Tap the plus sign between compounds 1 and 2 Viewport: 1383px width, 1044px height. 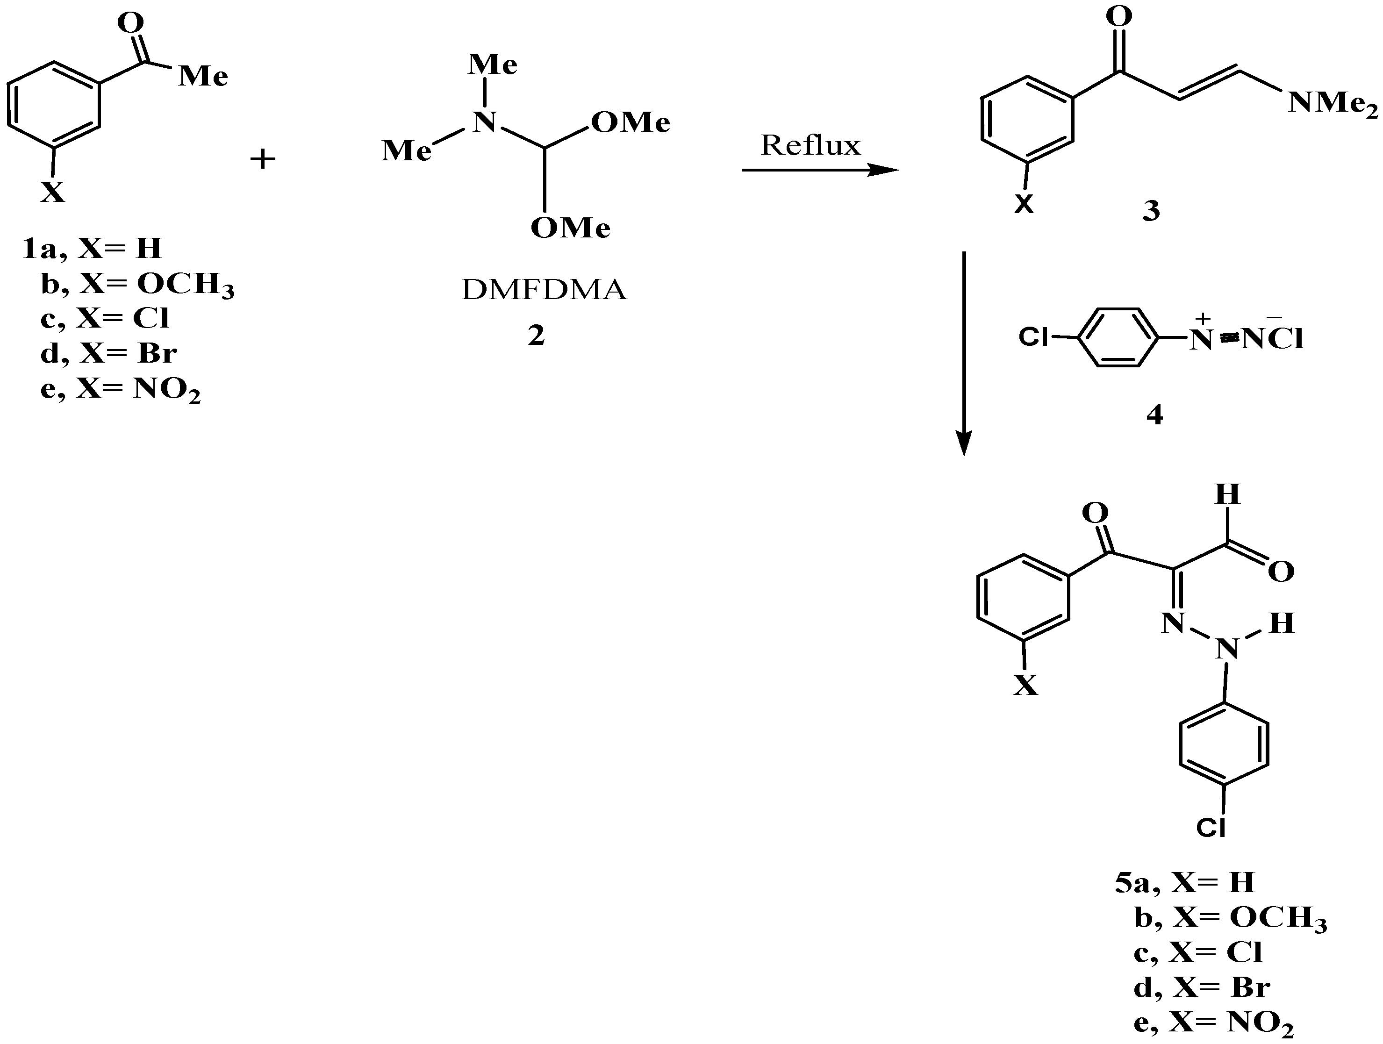click(263, 159)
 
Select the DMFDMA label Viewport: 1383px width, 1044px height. click(543, 289)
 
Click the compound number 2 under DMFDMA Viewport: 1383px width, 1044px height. click(536, 336)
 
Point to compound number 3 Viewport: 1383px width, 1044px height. click(1151, 211)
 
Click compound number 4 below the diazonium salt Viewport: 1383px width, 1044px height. click(1154, 414)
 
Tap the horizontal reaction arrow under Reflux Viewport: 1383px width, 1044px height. click(819, 170)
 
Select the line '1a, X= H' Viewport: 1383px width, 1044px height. click(92, 249)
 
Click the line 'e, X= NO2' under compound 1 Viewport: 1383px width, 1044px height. click(120, 391)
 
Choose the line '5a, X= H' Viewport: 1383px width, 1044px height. click(1185, 882)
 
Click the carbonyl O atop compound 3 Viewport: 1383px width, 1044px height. click(1118, 17)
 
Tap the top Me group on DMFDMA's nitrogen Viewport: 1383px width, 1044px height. click(493, 64)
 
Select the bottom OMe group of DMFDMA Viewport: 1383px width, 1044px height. click(570, 228)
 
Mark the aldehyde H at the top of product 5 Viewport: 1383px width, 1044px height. click(1227, 495)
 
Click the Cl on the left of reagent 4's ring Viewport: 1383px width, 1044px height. click(1033, 337)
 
